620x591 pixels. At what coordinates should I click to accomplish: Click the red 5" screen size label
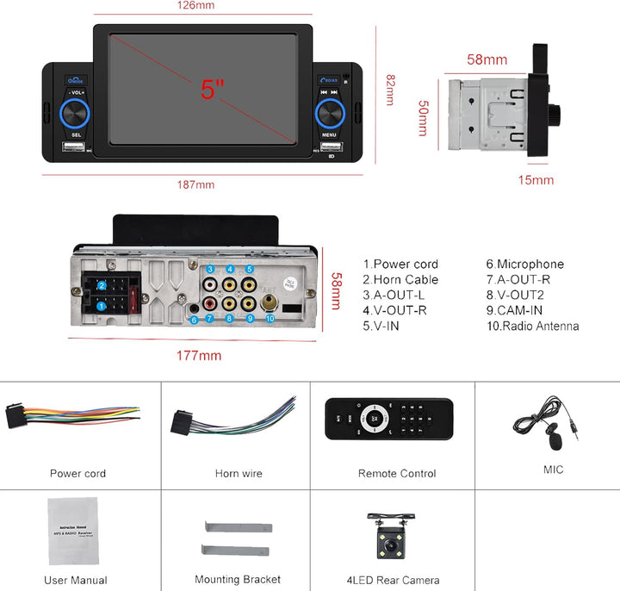pos(213,89)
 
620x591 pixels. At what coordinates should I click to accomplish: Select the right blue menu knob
pos(329,114)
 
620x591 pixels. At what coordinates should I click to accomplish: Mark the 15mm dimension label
pos(536,180)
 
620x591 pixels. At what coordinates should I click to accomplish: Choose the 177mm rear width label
pos(198,356)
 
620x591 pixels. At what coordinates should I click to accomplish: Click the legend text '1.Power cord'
pos(400,264)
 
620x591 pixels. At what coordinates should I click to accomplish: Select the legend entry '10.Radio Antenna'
pos(532,327)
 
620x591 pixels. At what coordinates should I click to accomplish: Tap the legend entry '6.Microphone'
pos(524,264)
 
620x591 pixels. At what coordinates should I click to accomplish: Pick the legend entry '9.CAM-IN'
pos(514,311)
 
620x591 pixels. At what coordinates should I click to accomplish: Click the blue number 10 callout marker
pos(270,319)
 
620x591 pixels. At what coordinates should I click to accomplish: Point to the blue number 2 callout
pos(102,285)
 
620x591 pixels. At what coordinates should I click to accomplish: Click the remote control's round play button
pos(375,420)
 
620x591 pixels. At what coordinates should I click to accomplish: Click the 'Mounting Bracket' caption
pos(238,580)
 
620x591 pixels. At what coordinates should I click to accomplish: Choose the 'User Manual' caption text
pos(76,581)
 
